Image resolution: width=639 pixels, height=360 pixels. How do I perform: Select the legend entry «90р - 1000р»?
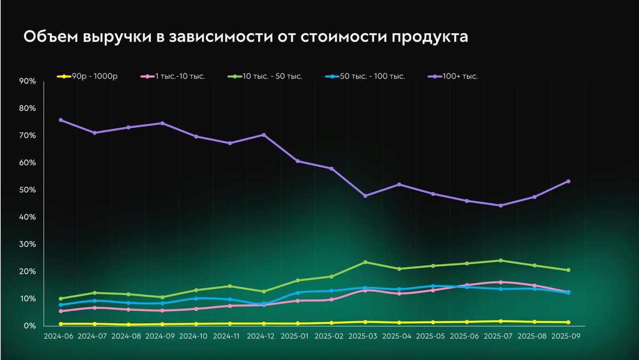coord(94,77)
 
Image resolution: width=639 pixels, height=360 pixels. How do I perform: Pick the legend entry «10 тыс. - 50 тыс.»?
coord(272,77)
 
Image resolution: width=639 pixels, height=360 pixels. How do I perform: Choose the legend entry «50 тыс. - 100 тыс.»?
coord(372,77)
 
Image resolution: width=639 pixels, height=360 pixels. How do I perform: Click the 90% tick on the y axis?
coord(27,81)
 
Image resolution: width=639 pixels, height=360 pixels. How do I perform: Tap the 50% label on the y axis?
coord(27,190)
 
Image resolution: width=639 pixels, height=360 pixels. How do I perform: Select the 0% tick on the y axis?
coord(29,326)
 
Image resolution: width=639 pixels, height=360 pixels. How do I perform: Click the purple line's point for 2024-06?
coord(61,120)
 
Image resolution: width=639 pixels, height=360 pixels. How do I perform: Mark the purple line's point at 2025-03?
coord(365,196)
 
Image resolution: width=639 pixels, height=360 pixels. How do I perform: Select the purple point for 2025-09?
coord(568,181)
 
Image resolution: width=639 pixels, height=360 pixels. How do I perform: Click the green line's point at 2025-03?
coord(365,262)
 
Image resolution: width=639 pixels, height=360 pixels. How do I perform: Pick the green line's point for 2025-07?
coord(501,260)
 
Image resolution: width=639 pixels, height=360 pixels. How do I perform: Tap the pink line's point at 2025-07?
coord(501,282)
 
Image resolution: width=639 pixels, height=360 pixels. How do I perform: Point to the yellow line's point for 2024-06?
coord(61,324)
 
